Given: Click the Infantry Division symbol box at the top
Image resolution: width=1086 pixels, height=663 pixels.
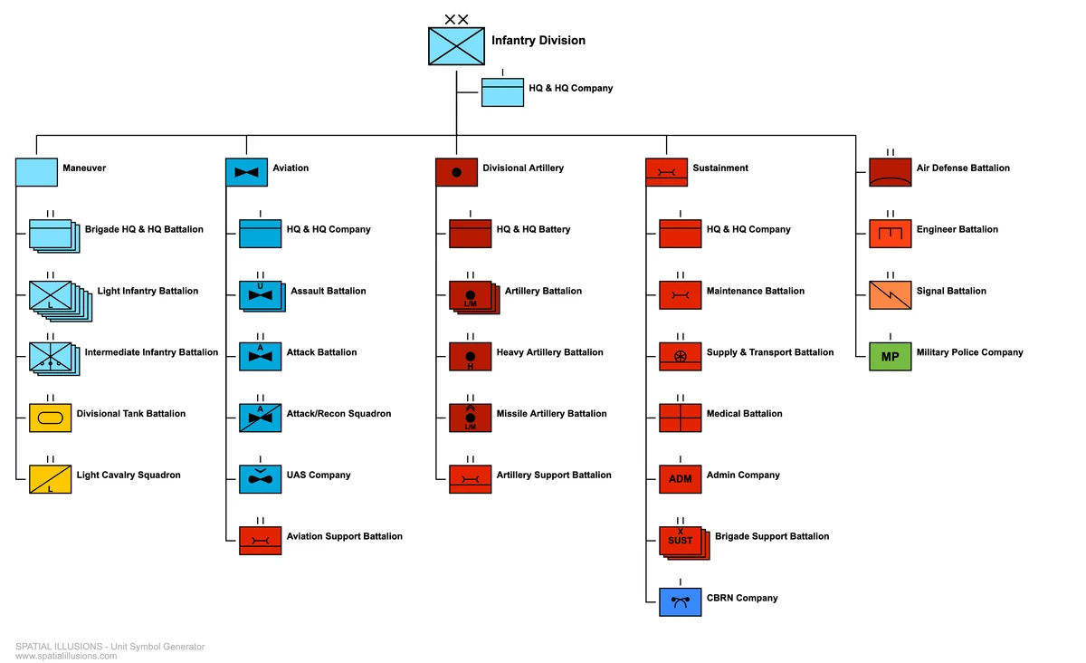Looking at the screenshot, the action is pos(456,46).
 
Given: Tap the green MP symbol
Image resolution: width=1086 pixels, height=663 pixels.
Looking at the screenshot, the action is pos(890,357).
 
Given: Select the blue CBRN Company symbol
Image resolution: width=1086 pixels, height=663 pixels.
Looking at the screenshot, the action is pos(680,602).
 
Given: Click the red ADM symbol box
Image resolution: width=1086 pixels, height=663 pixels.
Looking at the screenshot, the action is pos(680,479).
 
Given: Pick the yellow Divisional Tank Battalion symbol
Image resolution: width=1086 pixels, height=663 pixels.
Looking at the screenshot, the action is pos(50,418).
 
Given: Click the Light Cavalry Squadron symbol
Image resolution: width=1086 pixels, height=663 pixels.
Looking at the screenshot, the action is pos(50,479).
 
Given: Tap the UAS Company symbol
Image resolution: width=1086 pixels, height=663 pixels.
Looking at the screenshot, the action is pos(260,479).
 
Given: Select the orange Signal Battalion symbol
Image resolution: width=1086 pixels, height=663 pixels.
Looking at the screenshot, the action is pos(890,295).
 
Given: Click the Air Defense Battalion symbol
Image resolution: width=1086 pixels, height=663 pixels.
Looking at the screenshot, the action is pos(890,172).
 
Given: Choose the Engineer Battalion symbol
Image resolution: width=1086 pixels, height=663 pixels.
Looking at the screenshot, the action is pos(890,234).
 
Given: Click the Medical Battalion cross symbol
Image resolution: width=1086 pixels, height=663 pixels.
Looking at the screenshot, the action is pos(680,418).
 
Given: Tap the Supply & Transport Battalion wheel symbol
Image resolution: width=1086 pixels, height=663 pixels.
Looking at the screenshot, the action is pos(680,356).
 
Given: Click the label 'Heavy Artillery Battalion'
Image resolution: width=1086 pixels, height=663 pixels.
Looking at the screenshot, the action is pos(549,352).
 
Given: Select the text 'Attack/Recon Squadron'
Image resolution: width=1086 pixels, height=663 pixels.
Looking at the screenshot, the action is pos(338,414).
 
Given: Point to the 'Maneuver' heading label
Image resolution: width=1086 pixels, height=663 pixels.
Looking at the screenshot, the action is pos(84,168).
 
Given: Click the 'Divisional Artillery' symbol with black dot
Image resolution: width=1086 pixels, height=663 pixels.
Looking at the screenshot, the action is pos(456,172).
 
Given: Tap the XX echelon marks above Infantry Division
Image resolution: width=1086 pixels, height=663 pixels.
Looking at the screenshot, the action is pos(456,19).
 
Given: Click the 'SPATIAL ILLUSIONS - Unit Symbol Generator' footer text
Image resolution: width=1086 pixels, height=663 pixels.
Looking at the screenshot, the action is pos(110,647).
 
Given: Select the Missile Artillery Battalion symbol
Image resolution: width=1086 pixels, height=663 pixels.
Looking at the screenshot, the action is pos(470,418).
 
